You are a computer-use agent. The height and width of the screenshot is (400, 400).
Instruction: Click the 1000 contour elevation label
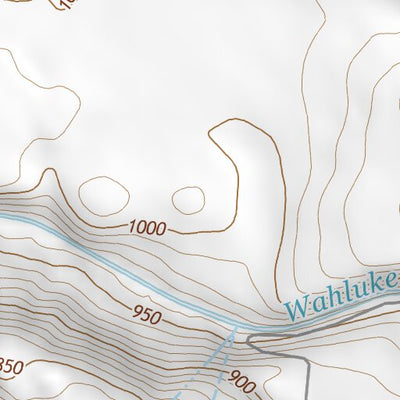[x=147, y=228]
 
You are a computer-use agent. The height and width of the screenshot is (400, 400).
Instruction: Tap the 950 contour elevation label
[x=145, y=317]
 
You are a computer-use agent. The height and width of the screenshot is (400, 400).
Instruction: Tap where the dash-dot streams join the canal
[x=236, y=330]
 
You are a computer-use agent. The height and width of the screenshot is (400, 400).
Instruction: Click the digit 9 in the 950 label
[x=135, y=315]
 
